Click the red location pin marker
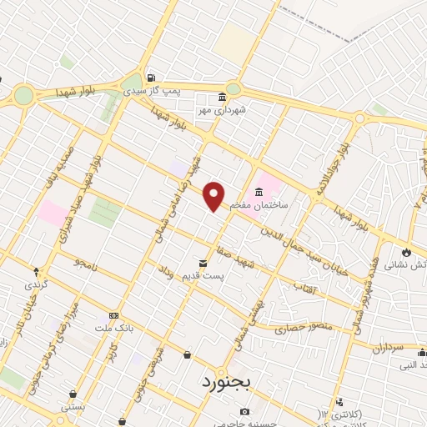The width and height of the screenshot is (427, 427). click(x=214, y=196)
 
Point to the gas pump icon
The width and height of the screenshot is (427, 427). click(x=150, y=79)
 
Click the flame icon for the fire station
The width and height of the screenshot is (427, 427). click(x=406, y=252)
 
